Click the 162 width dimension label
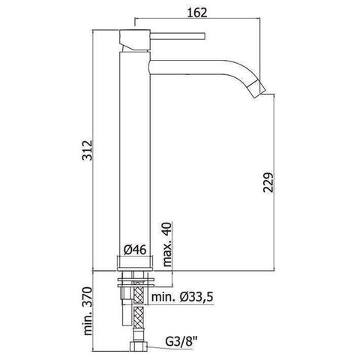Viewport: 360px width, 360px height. [196, 13]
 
